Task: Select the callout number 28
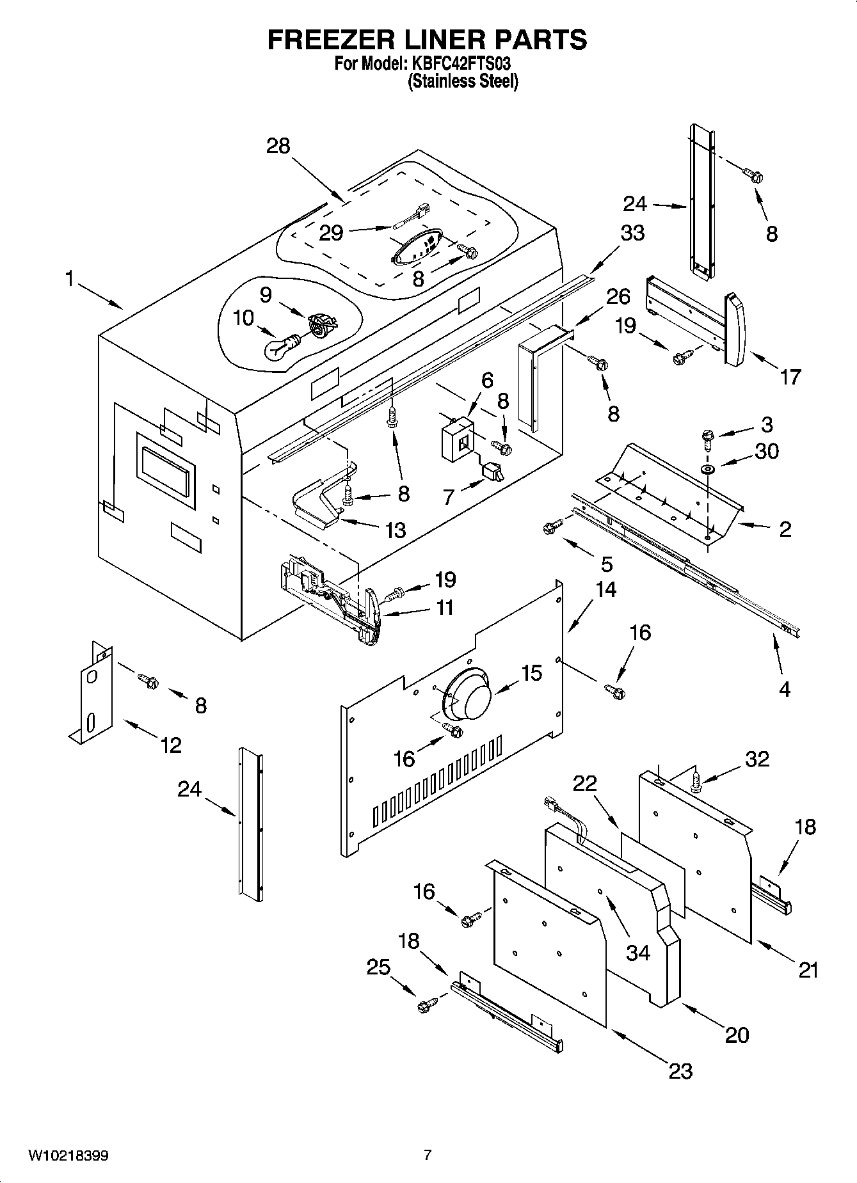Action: pos(278,146)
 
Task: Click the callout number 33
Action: pos(632,232)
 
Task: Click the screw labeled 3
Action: pos(707,438)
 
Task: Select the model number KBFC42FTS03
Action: pos(458,64)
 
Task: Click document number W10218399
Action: pos(68,1155)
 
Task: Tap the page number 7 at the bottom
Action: pos(428,1155)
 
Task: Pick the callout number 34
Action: pos(637,953)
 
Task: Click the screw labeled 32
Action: pos(696,782)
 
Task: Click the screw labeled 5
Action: pos(551,527)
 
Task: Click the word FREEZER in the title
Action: pos(324,40)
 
